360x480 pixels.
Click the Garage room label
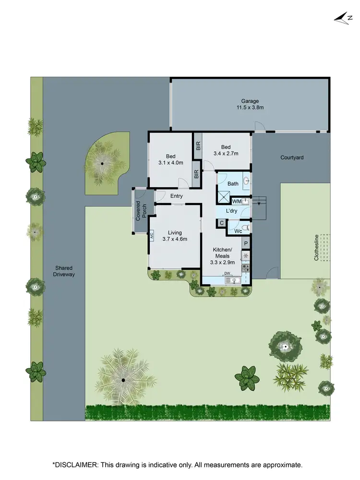click(x=250, y=101)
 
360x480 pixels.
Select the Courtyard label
click(x=292, y=157)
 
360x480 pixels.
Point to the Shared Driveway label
click(x=64, y=271)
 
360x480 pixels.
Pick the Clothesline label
click(x=316, y=248)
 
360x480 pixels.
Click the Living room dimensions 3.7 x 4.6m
click(x=175, y=239)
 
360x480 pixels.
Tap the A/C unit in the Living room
click(x=151, y=235)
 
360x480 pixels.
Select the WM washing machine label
click(x=236, y=201)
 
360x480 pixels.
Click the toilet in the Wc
click(x=245, y=227)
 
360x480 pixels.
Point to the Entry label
click(x=177, y=196)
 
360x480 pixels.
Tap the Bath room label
click(x=233, y=184)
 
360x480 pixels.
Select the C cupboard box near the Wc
click(x=222, y=223)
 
